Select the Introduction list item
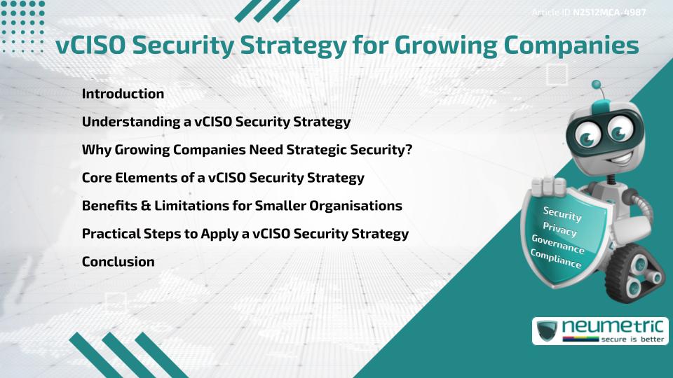[x=123, y=94]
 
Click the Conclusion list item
[x=118, y=262]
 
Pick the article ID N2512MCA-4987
[x=609, y=13]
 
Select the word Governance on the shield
[x=558, y=244]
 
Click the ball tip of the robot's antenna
[x=597, y=85]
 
